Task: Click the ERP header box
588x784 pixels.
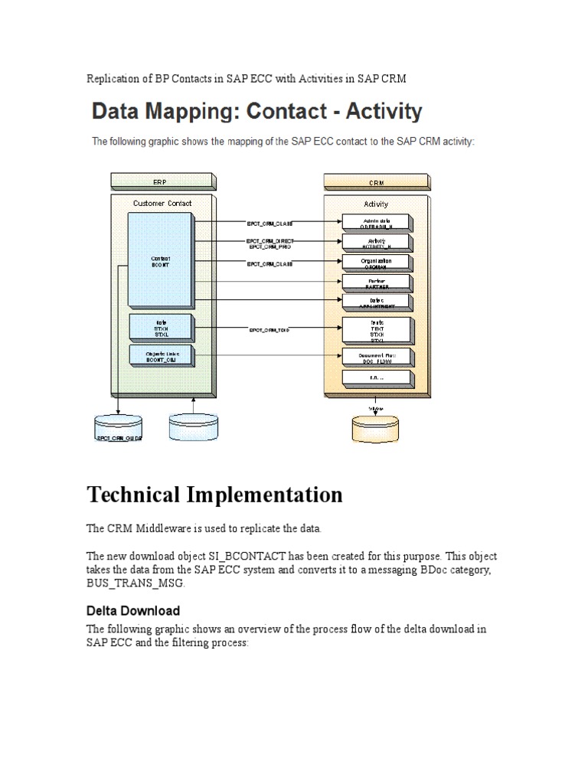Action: pos(159,182)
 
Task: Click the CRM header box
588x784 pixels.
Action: pos(376,182)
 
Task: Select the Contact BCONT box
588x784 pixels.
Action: pos(161,260)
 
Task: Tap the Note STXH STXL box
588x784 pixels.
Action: pos(161,327)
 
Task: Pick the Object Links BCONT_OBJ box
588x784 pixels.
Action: pos(161,355)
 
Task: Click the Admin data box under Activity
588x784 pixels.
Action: pos(376,223)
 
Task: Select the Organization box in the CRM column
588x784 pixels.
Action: pos(376,263)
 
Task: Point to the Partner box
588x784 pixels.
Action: pos(376,283)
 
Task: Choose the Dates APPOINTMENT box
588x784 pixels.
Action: pos(376,302)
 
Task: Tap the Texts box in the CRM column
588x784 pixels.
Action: pos(376,330)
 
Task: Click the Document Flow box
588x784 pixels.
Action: pos(376,358)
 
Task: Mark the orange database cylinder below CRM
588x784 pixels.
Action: pos(376,428)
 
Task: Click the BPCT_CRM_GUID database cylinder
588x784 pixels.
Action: pos(119,429)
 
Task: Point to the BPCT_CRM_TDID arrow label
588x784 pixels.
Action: pos(269,330)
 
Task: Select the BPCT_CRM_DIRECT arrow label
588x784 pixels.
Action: pos(269,241)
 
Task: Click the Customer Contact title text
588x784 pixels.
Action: pos(162,204)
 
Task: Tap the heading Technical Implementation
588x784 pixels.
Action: pos(215,495)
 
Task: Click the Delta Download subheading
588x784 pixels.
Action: pos(133,610)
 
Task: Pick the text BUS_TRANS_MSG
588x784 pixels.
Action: pos(136,583)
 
